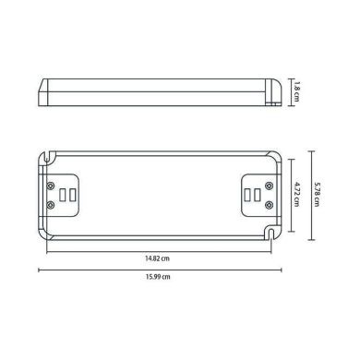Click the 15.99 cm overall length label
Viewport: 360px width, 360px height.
click(158, 278)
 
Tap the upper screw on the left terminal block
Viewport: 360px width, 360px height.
click(49, 181)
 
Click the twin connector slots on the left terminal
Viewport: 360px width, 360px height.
click(64, 195)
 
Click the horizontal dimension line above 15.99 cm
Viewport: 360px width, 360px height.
click(158, 270)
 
